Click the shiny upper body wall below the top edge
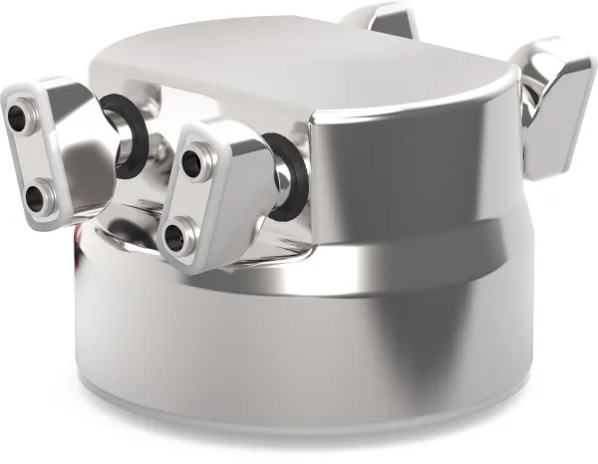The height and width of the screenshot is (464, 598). pos(419,169)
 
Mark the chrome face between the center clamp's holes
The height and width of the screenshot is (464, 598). pos(187,197)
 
